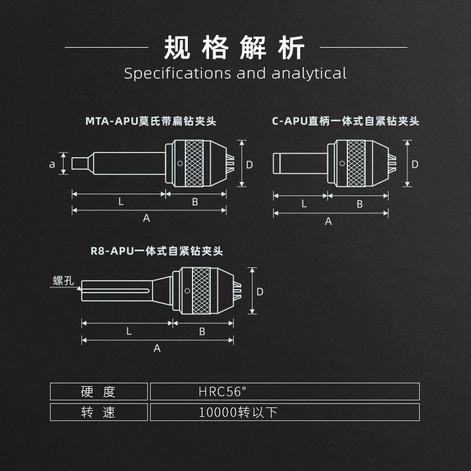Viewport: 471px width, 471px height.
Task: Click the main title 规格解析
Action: (x=235, y=47)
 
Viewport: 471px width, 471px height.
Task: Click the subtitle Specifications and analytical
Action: (x=235, y=74)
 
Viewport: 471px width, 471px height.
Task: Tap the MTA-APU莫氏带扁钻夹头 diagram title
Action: (x=151, y=122)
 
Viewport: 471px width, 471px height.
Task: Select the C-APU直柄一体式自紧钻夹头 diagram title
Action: (x=346, y=122)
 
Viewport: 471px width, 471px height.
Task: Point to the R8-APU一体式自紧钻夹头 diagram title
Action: (x=157, y=251)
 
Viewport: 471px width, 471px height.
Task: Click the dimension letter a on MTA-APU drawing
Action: (x=52, y=164)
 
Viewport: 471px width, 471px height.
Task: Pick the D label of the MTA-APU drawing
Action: (x=249, y=164)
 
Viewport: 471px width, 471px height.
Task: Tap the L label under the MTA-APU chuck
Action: (x=121, y=201)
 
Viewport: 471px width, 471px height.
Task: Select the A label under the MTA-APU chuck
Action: (x=147, y=218)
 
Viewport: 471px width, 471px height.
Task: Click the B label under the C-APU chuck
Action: (x=360, y=204)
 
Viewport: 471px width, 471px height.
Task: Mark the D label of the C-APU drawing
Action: (x=414, y=164)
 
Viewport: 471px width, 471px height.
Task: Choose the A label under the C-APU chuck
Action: (x=329, y=221)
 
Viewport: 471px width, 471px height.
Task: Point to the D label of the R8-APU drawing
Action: (x=260, y=291)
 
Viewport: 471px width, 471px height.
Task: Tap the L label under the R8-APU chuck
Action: (x=129, y=331)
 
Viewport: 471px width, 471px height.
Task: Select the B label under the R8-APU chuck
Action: (x=202, y=331)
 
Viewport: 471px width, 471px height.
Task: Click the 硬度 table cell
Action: (x=98, y=392)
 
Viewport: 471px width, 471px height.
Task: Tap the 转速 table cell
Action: (x=98, y=412)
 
